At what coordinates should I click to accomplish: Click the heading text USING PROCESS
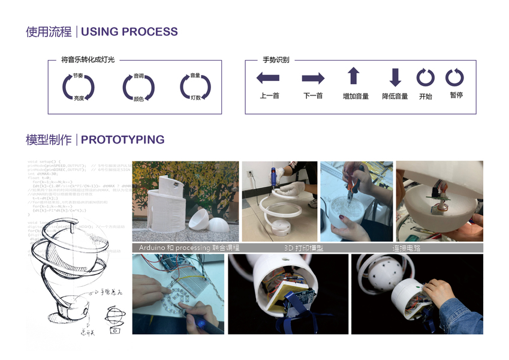pyautogui.click(x=129, y=32)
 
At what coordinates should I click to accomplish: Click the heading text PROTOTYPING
pyautogui.click(x=122, y=140)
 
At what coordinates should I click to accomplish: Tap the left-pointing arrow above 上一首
pyautogui.click(x=268, y=77)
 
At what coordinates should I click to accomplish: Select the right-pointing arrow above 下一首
pyautogui.click(x=313, y=78)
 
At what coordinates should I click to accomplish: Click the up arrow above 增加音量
pyautogui.click(x=354, y=76)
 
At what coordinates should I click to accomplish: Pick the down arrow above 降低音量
pyautogui.click(x=394, y=77)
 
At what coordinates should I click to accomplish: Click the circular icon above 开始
pyautogui.click(x=426, y=77)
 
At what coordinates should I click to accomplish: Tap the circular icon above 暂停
pyautogui.click(x=454, y=77)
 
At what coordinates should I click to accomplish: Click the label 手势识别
pyautogui.click(x=276, y=60)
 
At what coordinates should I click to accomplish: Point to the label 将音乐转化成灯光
pyautogui.click(x=88, y=60)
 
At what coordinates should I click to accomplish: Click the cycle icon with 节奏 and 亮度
pyautogui.click(x=79, y=87)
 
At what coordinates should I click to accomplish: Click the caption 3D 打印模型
pyautogui.click(x=303, y=247)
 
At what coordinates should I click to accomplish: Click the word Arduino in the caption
pyautogui.click(x=155, y=247)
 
